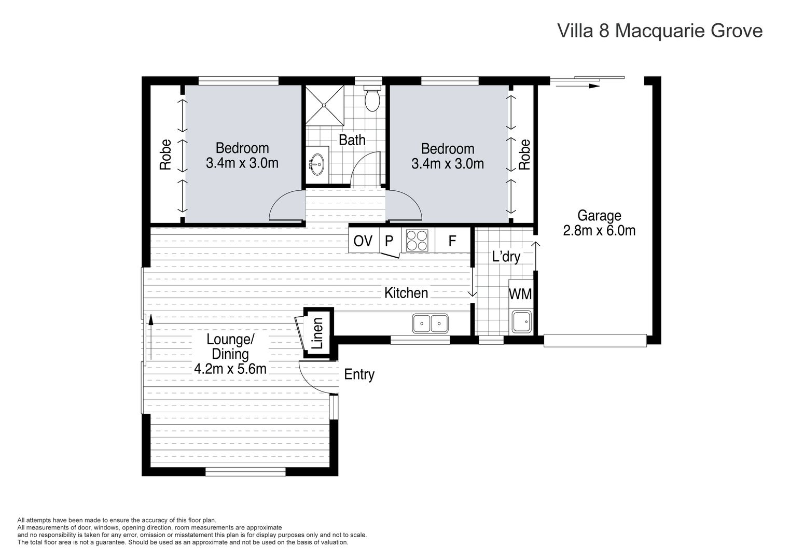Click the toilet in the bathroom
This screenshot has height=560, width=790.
(372, 100)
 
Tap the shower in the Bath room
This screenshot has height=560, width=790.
(325, 105)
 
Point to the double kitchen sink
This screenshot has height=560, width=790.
(431, 324)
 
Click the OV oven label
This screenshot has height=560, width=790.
(363, 241)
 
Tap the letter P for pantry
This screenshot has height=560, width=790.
(389, 241)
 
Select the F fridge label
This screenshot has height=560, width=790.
(452, 241)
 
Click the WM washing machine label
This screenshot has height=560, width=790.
(520, 294)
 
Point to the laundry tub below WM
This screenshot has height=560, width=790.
(520, 322)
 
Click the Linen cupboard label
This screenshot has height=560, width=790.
(318, 333)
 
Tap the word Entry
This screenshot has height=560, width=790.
(359, 374)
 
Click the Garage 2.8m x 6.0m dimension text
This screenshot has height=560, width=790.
(599, 230)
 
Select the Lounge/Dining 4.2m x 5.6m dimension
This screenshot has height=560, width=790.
(230, 369)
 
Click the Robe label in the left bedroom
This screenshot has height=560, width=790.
(165, 155)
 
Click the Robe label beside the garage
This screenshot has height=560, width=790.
(525, 155)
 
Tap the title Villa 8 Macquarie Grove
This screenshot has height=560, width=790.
(660, 31)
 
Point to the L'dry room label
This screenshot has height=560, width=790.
(506, 257)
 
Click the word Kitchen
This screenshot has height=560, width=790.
(406, 293)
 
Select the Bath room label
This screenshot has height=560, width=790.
(352, 140)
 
